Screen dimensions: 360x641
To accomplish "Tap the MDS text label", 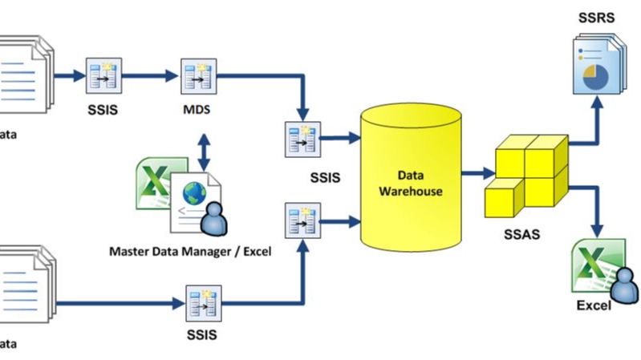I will [x=196, y=110].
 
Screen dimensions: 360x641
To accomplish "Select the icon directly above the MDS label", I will [x=196, y=76].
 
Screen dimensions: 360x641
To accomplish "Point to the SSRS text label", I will [x=596, y=18].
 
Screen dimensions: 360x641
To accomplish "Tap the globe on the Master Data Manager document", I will [x=193, y=194].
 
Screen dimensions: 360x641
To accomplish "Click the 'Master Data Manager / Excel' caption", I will [x=190, y=251].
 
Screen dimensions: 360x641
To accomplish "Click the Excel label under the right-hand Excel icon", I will [x=594, y=305].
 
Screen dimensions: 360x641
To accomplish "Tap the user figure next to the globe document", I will [x=214, y=219].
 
